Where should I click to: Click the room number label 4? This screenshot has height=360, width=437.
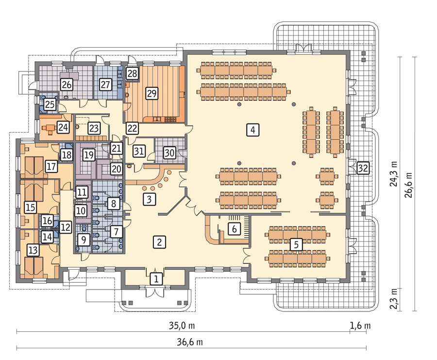pos(253,130)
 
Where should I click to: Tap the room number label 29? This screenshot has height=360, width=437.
pos(151,93)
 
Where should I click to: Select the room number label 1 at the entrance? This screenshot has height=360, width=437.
pos(156,278)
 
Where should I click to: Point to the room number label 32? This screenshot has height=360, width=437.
pos(363,168)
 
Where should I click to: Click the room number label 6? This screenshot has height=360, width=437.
pos(234,229)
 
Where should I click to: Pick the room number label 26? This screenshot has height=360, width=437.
pos(67,84)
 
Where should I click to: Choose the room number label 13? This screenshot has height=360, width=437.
pos(33,250)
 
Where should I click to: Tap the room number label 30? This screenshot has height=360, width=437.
pos(169,153)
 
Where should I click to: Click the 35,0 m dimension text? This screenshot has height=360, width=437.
pos(182,326)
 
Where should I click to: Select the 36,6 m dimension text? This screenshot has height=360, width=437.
pos(190,342)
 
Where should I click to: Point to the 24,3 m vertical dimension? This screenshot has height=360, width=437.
pos(394,173)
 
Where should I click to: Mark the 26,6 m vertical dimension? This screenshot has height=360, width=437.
pos(409,185)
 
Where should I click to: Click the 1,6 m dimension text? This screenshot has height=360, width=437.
pos(360,326)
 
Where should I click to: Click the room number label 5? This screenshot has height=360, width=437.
pos(296,244)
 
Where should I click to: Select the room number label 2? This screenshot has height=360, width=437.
pos(159,242)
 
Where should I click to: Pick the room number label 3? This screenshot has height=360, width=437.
pos(149,199)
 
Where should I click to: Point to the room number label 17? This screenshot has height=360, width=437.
pos(51,167)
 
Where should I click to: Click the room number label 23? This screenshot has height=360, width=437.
pos(94,128)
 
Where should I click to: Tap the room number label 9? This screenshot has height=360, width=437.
pos(84,239)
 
